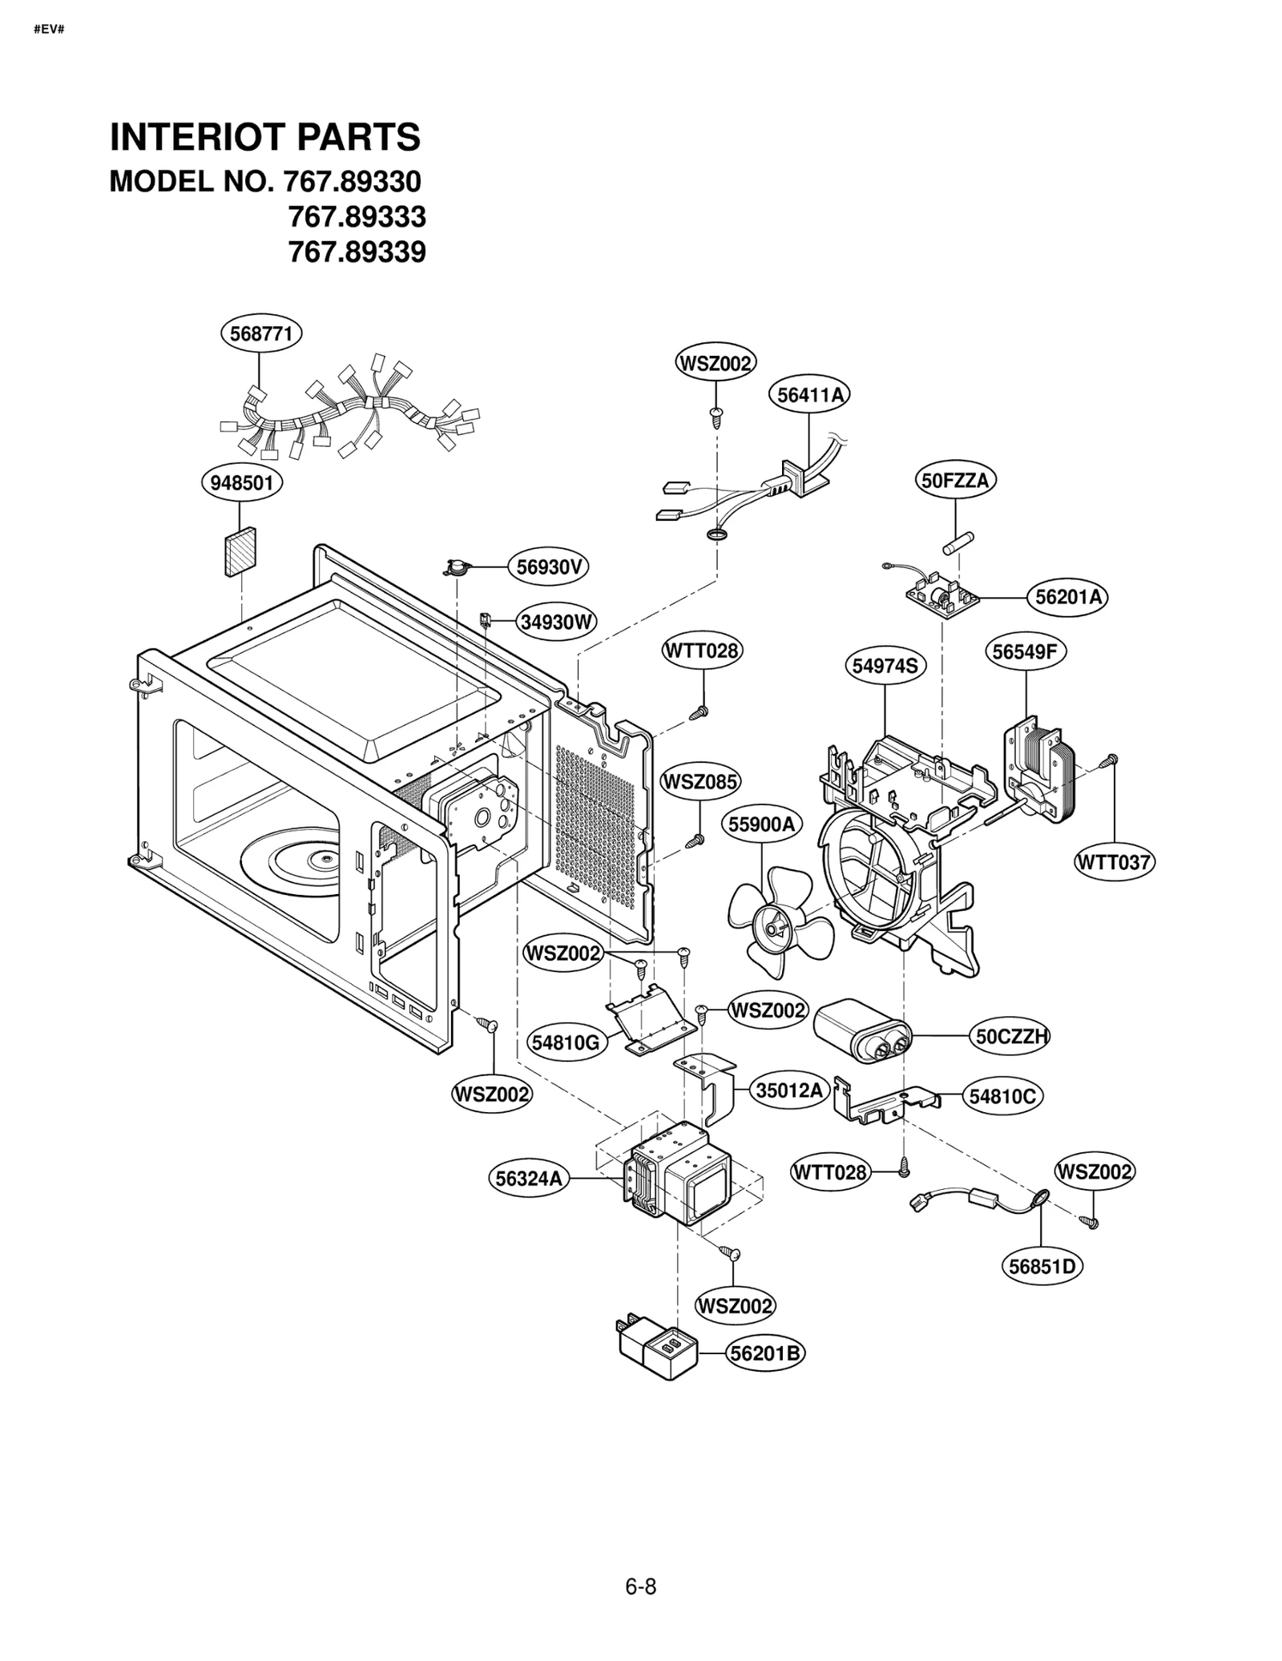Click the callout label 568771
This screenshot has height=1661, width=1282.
pyautogui.click(x=261, y=333)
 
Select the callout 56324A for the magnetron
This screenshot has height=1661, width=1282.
pyautogui.click(x=529, y=1179)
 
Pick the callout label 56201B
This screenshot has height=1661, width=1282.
pyautogui.click(x=765, y=1353)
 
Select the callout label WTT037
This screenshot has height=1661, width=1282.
pyautogui.click(x=1114, y=863)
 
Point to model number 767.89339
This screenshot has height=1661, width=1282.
pyautogui.click(x=357, y=252)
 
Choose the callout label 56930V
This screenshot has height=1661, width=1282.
pyautogui.click(x=549, y=567)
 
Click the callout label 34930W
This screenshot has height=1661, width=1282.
pyautogui.click(x=556, y=622)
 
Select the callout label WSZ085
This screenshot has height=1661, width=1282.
pyautogui.click(x=700, y=781)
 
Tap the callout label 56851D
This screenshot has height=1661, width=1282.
pyautogui.click(x=1042, y=1267)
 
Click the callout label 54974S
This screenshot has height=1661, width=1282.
pyautogui.click(x=885, y=666)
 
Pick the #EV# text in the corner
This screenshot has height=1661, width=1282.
pyautogui.click(x=49, y=30)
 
